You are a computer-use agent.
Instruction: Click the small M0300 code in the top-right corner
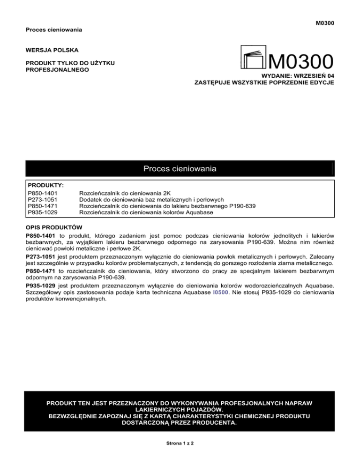click(x=324, y=23)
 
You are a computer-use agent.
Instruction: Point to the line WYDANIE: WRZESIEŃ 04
click(x=294, y=75)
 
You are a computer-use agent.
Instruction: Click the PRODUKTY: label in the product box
click(x=45, y=185)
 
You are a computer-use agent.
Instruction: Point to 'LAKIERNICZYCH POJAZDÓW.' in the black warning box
click(x=180, y=409)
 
